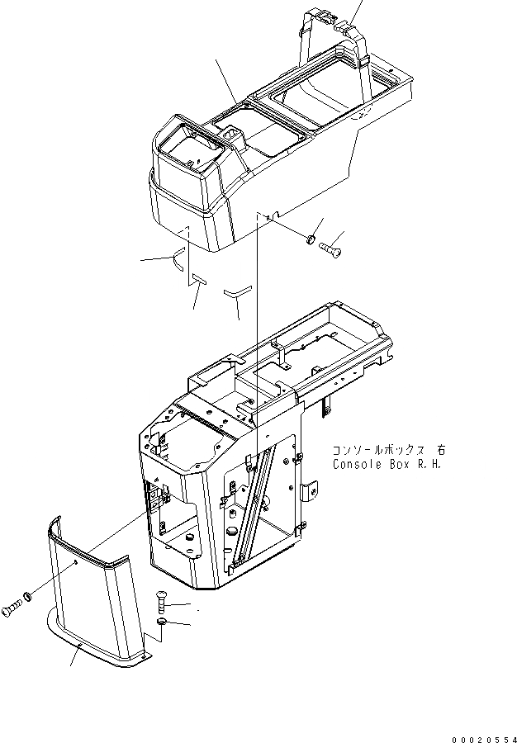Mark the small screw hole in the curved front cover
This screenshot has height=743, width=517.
click(x=76, y=562)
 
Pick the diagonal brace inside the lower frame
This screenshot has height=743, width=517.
click(x=254, y=504)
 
